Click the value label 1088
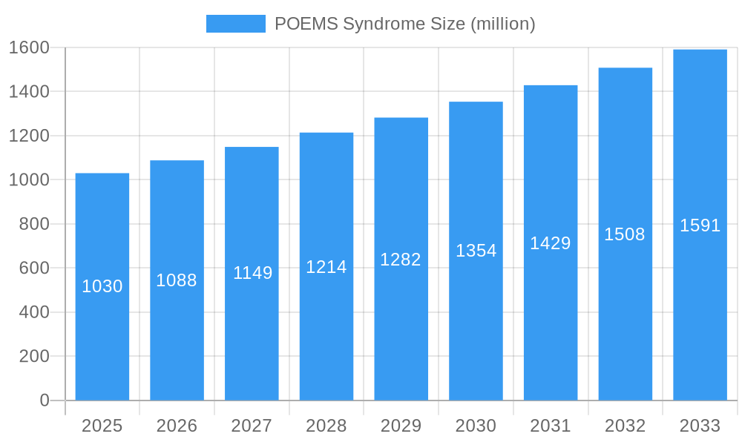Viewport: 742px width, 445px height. point(177,280)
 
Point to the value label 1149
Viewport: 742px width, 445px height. point(252,273)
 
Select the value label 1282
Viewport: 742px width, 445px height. point(401,260)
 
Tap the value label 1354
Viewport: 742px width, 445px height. point(476,251)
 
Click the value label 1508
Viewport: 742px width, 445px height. point(625,234)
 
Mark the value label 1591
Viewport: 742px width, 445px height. point(700,225)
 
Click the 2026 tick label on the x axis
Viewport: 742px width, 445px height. point(177,426)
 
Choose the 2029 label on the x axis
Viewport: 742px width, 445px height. point(401,426)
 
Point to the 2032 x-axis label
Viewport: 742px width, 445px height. point(625,426)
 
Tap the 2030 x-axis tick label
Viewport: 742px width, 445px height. point(476,426)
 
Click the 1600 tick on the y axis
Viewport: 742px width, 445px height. point(28,47)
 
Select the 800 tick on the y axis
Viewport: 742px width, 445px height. point(33,224)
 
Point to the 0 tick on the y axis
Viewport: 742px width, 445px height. point(45,400)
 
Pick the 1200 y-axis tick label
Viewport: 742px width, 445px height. point(28,136)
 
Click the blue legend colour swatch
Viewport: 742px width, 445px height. point(235,24)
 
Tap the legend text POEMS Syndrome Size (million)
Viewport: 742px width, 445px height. point(404,24)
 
